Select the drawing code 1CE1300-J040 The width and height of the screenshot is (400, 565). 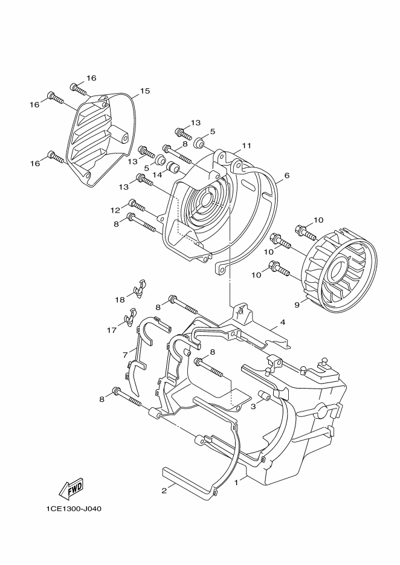click(x=74, y=509)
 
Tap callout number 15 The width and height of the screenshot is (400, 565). click(x=144, y=91)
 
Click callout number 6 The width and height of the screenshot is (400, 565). click(x=287, y=175)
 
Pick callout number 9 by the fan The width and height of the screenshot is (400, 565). click(x=297, y=305)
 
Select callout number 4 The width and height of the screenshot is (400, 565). click(x=283, y=321)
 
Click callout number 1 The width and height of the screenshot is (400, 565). click(x=236, y=482)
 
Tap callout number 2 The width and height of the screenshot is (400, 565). click(x=164, y=491)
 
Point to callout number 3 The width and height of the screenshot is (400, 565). click(x=253, y=407)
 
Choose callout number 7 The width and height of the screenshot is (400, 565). click(x=125, y=355)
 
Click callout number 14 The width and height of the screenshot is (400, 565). click(x=156, y=175)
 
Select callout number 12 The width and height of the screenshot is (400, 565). click(x=115, y=210)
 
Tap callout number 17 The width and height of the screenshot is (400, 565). click(x=111, y=330)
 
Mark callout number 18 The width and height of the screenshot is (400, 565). click(x=120, y=299)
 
